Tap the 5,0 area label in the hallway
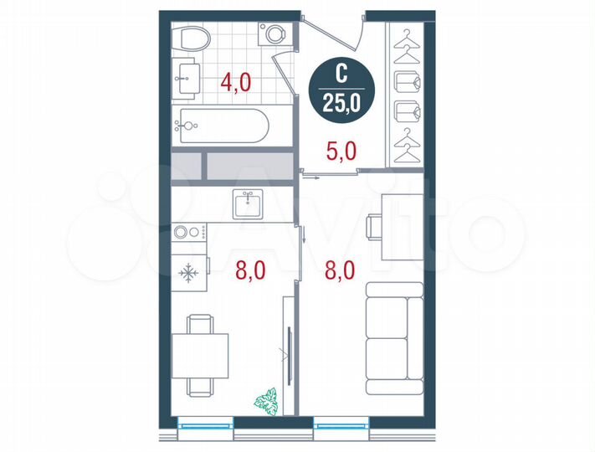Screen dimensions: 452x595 pyautogui.click(x=341, y=152)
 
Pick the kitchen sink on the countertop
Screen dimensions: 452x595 pyautogui.click(x=248, y=203)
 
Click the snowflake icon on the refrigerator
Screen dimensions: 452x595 pyautogui.click(x=188, y=274)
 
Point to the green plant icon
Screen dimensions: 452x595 pyautogui.click(x=268, y=399)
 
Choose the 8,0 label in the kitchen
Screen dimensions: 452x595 pyautogui.click(x=250, y=270)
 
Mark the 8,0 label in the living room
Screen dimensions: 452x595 pyautogui.click(x=341, y=270)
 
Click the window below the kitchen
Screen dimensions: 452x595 pyautogui.click(x=206, y=426)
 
